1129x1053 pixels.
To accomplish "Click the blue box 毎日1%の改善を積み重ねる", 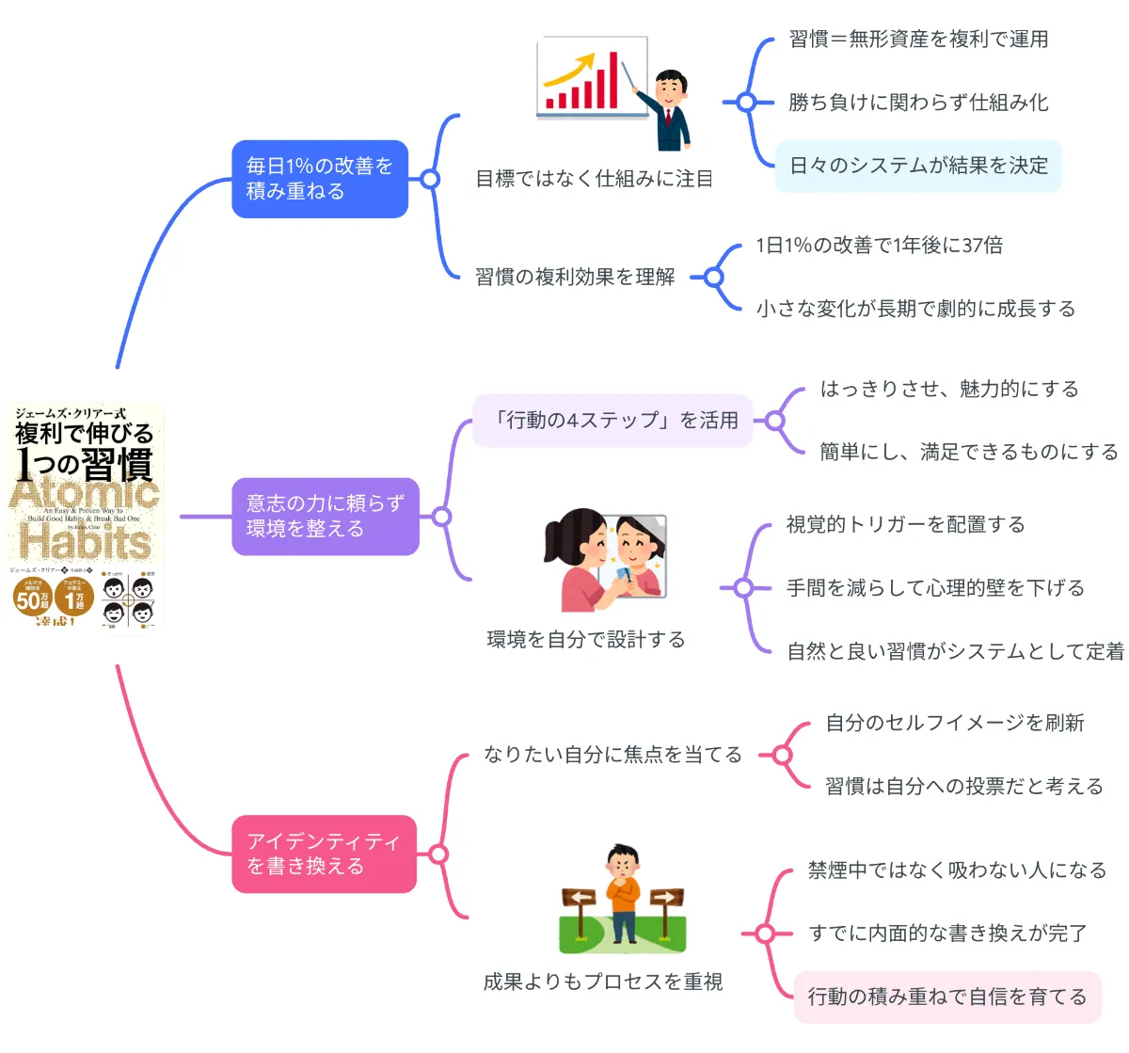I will [x=320, y=179].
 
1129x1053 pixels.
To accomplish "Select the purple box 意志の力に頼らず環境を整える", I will [x=326, y=517].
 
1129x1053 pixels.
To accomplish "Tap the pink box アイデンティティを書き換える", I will [x=324, y=854].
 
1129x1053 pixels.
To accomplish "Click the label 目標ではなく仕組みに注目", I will [x=594, y=179].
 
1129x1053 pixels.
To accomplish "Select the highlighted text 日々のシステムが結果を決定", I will [x=918, y=166].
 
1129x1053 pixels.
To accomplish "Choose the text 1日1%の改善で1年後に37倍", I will [x=879, y=246].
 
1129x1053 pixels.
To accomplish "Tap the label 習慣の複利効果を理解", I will [x=575, y=277].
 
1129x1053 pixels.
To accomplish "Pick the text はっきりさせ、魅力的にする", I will [x=948, y=390].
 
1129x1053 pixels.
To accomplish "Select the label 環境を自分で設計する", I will [x=585, y=640].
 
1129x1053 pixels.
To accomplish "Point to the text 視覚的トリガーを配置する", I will [x=905, y=525].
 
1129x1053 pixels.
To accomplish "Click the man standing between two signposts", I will [x=623, y=894].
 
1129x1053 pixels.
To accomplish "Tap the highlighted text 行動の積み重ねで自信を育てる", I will [x=946, y=997].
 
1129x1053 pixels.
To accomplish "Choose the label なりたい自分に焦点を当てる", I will [x=612, y=755].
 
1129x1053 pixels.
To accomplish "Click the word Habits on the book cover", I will [x=85, y=541].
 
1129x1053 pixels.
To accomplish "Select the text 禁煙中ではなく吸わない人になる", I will [x=957, y=870].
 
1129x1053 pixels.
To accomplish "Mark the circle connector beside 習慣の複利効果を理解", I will [x=713, y=277].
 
